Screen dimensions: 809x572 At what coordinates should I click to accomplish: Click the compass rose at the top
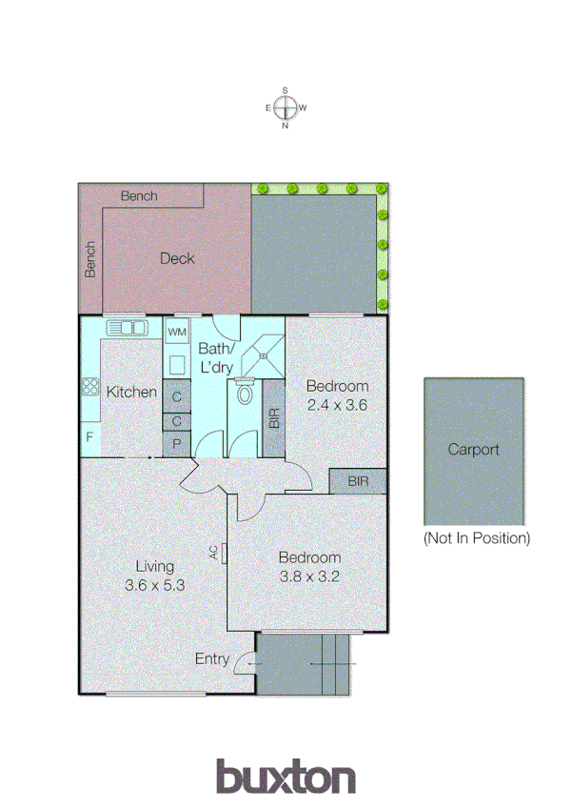tap(286, 108)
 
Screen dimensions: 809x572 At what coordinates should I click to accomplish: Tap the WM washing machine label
tap(177, 332)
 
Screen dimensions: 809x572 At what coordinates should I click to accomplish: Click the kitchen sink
tap(125, 328)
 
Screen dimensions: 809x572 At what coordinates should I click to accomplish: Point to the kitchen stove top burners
tap(90, 387)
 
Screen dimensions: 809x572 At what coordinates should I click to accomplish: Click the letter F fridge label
tap(89, 438)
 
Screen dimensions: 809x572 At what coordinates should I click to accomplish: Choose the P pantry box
tap(177, 443)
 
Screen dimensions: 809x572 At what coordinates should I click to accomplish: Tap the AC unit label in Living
tap(217, 553)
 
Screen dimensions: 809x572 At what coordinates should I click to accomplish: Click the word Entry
tap(212, 658)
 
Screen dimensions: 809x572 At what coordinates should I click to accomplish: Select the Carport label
tap(473, 450)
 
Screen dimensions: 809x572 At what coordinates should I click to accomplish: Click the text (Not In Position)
tap(476, 538)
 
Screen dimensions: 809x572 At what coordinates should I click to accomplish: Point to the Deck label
tap(176, 258)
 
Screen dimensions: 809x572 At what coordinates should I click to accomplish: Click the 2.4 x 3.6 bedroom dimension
tap(337, 404)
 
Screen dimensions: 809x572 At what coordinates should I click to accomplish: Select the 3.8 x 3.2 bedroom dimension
tap(309, 576)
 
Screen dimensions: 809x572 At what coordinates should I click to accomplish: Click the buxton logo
tap(286, 776)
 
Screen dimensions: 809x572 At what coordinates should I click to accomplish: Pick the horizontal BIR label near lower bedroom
tap(358, 482)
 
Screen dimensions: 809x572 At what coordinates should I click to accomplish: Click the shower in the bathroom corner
tap(263, 354)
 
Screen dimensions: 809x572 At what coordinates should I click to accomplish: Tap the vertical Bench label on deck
tap(90, 258)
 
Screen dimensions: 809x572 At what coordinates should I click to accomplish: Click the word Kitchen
tap(131, 392)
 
